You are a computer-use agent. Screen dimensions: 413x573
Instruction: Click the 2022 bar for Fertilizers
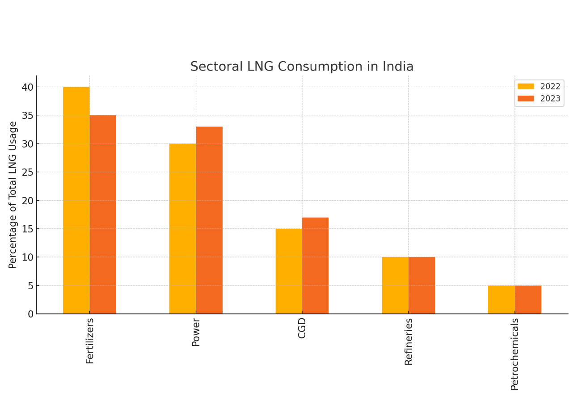click(x=76, y=200)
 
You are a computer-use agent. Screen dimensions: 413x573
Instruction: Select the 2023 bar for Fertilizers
click(x=103, y=215)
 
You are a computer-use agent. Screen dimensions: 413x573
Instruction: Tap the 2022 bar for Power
click(x=182, y=229)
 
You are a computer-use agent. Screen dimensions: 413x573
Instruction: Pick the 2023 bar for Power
click(x=209, y=220)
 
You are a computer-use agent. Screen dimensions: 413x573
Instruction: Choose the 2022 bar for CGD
click(x=289, y=271)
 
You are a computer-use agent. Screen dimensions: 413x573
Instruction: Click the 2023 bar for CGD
click(x=315, y=265)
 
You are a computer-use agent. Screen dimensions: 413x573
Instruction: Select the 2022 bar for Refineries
click(x=395, y=285)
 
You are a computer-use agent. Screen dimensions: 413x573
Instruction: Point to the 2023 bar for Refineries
click(x=421, y=285)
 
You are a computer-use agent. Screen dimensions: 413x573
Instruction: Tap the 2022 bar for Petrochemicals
click(x=501, y=299)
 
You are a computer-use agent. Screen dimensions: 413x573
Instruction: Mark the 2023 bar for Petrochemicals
click(x=528, y=299)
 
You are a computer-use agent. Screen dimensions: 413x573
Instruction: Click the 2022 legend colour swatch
click(x=526, y=87)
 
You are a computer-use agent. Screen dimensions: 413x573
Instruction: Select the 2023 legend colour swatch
click(x=526, y=99)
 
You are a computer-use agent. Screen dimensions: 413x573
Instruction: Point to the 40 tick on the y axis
click(x=28, y=87)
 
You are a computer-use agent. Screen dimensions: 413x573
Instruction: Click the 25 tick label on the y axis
click(x=28, y=172)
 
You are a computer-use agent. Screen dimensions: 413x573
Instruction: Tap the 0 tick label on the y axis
click(x=30, y=314)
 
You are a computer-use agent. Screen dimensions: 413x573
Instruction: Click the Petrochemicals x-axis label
click(x=515, y=354)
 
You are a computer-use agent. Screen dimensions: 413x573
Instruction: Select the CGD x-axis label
click(x=302, y=328)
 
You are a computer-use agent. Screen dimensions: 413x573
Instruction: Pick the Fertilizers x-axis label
click(x=90, y=341)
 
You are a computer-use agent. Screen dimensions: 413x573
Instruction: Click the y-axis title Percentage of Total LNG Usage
click(x=13, y=195)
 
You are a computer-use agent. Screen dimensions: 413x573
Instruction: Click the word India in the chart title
click(x=398, y=67)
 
